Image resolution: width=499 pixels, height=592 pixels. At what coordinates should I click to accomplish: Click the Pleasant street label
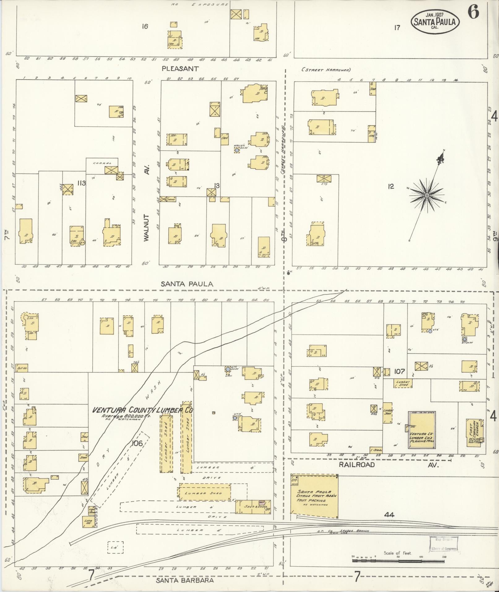(180, 68)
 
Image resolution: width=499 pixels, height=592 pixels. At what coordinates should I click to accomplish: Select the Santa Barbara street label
(185, 580)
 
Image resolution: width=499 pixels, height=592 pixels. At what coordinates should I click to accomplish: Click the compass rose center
(427, 195)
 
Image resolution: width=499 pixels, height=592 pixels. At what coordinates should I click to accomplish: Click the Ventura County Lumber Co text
(143, 410)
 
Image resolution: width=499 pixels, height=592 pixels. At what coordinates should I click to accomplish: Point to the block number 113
(81, 183)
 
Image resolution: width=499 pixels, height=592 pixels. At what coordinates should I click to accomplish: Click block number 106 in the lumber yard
(137, 443)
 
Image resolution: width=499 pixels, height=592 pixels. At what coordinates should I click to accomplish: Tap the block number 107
(400, 371)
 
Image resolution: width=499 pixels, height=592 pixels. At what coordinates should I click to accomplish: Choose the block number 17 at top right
(397, 28)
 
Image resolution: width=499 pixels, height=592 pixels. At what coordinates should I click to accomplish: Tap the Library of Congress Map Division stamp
(443, 544)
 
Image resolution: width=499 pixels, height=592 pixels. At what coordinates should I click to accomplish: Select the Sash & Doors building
(251, 507)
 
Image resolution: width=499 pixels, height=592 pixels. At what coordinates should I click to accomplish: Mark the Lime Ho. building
(88, 521)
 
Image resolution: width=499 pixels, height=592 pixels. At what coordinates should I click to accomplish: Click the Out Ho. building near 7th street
(21, 368)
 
